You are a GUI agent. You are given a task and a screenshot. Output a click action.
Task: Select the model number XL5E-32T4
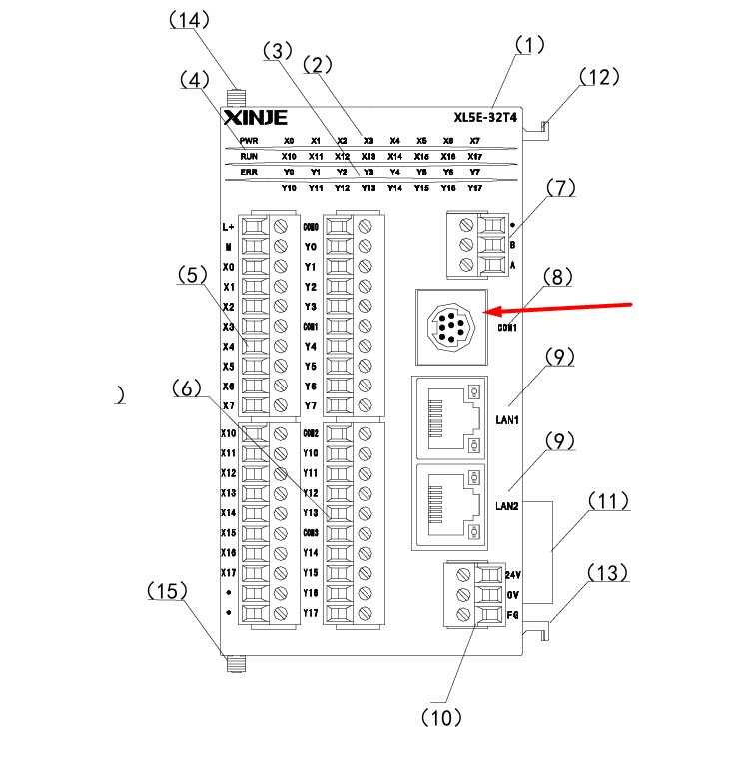coord(485,117)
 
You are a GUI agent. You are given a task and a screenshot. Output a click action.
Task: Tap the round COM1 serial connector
coord(449,325)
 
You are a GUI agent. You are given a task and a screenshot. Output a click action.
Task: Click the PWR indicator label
coord(249,141)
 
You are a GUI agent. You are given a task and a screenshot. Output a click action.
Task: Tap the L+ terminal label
coord(227,227)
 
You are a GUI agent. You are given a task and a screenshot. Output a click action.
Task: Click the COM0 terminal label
coord(310,227)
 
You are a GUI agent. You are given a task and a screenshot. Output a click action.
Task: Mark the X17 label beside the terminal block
coord(228,572)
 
